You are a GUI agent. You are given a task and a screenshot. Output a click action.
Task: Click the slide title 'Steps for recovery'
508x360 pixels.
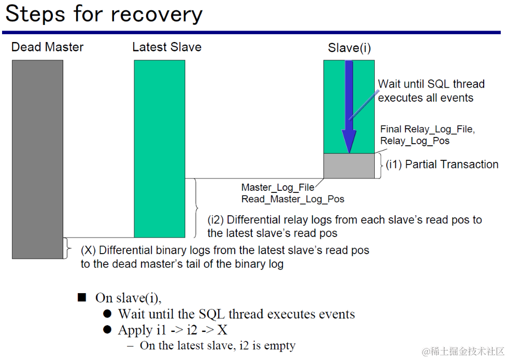[104, 15]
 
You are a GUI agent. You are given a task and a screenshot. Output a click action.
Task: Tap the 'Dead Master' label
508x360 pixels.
[47, 47]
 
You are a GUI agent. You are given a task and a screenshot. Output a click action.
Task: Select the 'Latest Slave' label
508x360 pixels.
[167, 47]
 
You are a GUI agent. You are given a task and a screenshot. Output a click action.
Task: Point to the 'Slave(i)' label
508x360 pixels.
[349, 48]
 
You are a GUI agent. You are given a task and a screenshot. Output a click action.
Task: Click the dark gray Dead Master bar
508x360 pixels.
[37, 159]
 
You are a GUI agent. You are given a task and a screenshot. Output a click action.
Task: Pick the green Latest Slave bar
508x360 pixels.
[160, 148]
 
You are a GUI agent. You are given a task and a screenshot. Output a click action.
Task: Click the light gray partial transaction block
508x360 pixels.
[349, 165]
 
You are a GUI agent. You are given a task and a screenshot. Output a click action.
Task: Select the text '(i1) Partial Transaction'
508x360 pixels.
[442, 164]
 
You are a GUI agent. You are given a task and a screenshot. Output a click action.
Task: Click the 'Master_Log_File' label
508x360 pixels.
[278, 187]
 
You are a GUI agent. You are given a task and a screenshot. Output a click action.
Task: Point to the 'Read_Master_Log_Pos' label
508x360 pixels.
[293, 199]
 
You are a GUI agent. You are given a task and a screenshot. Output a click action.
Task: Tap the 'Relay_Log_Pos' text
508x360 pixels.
[415, 141]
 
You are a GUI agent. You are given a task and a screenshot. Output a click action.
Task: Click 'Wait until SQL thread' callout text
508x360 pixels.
[431, 84]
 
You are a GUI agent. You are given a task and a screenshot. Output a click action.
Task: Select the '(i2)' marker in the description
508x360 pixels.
[216, 220]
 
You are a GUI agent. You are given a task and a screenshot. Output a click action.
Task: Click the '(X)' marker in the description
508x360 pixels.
[88, 251]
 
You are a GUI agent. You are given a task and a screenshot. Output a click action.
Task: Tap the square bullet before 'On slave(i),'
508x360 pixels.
[82, 297]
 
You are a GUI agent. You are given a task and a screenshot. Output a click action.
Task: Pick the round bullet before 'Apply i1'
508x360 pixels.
[107, 330]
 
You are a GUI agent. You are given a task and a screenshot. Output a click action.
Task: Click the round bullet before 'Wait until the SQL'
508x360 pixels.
[107, 314]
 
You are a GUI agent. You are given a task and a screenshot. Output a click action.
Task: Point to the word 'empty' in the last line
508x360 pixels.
[279, 346]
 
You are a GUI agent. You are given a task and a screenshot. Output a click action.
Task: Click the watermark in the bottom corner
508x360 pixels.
[463, 351]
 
